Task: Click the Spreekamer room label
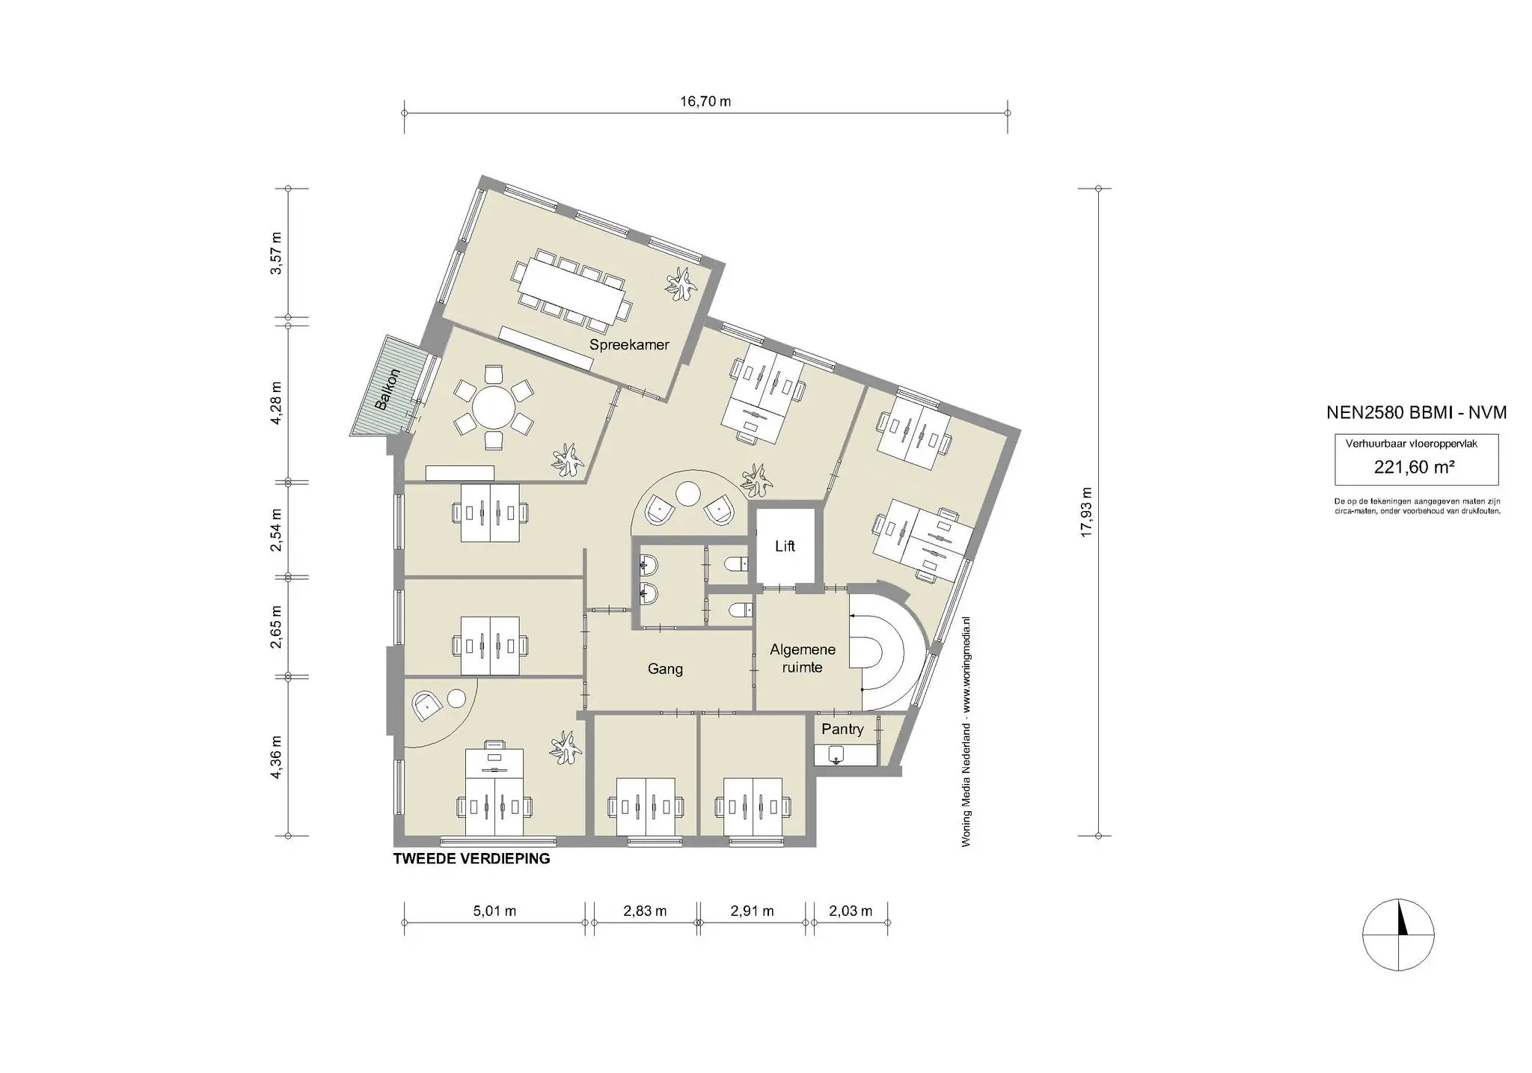[x=628, y=345]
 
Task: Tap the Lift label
[x=785, y=546]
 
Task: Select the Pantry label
[x=842, y=729]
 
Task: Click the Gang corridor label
[x=665, y=669]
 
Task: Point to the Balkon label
[x=388, y=389]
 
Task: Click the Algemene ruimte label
[x=802, y=658]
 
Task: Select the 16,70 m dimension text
[x=705, y=102]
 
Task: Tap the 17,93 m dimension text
[x=1087, y=512]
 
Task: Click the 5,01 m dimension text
[x=494, y=911]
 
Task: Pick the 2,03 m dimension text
[x=851, y=911]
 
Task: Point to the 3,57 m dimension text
[x=277, y=254]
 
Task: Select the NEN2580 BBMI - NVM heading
[x=1416, y=412]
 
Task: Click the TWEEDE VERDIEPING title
[x=471, y=859]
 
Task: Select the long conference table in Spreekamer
[x=572, y=290]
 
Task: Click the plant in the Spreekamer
[x=683, y=284]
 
